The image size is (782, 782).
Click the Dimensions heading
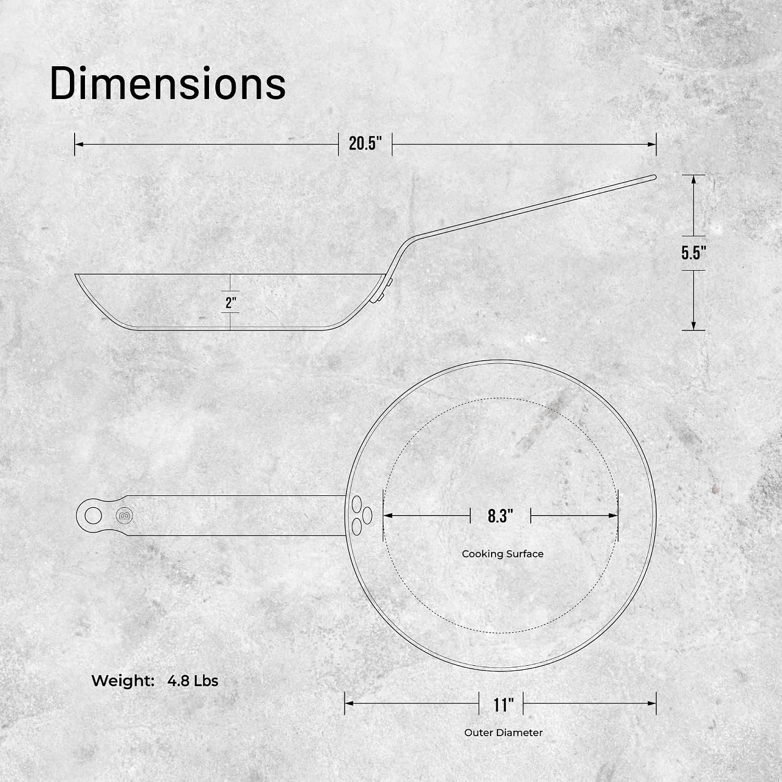coord(168,83)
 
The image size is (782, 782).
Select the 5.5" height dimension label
coord(694,253)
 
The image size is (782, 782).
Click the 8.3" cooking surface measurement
coord(500,516)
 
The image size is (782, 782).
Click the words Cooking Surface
coord(503,554)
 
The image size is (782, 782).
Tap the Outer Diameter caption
coord(504,732)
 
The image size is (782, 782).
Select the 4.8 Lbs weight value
coord(193,681)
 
